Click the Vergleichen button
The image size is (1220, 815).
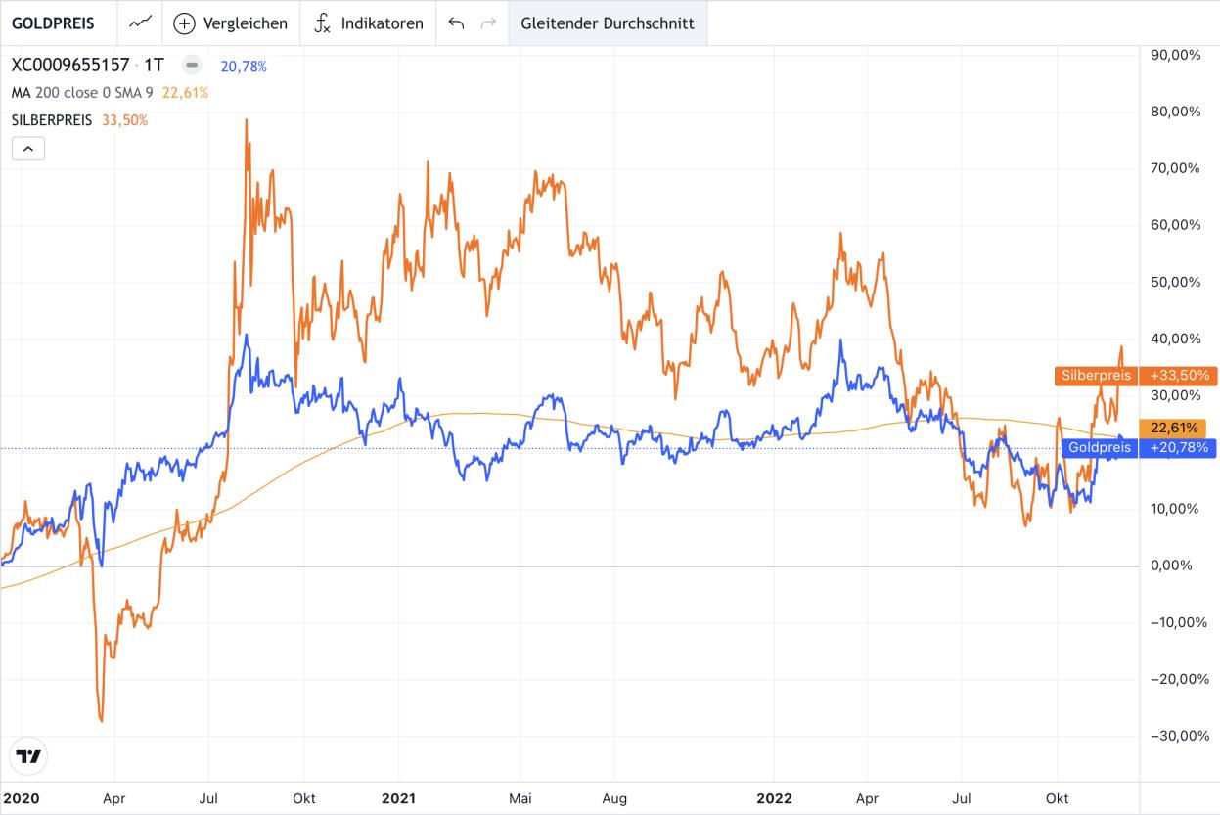231,23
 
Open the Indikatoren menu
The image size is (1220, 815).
369,23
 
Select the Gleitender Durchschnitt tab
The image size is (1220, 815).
608,23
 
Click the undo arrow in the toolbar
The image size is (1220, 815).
456,23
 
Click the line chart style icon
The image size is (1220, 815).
141,23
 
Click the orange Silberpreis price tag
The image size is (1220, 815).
1134,375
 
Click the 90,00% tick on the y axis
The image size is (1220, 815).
1176,55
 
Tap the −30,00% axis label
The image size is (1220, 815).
1175,736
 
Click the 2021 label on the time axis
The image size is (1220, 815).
398,798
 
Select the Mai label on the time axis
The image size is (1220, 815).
520,798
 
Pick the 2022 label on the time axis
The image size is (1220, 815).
773,798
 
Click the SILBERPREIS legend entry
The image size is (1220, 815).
52,120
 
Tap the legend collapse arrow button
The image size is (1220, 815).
27,149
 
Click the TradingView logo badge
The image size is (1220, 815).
28,756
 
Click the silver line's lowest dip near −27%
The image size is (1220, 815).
101,721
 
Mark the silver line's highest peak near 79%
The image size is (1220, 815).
246,120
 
